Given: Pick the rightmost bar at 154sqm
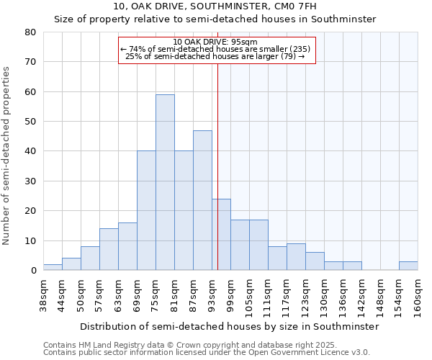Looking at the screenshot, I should [408, 266].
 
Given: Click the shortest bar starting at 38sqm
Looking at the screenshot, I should [53, 267].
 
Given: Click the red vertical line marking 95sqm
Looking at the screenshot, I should [217, 166].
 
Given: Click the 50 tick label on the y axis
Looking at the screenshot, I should [30, 122].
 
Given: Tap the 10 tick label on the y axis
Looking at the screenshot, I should [30, 240].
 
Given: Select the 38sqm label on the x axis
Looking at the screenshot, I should [43, 294].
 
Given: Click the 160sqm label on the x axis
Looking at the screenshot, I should [418, 297].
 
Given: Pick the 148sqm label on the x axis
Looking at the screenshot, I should [380, 297].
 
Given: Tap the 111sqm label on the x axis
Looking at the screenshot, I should [268, 297].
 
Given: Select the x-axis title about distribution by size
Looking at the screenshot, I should [230, 326].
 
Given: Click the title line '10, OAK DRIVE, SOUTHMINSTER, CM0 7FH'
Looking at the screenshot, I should [215, 6].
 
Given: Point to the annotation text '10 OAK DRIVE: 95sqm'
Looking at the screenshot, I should [217, 42].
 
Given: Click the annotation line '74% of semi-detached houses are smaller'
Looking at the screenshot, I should [215, 49].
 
